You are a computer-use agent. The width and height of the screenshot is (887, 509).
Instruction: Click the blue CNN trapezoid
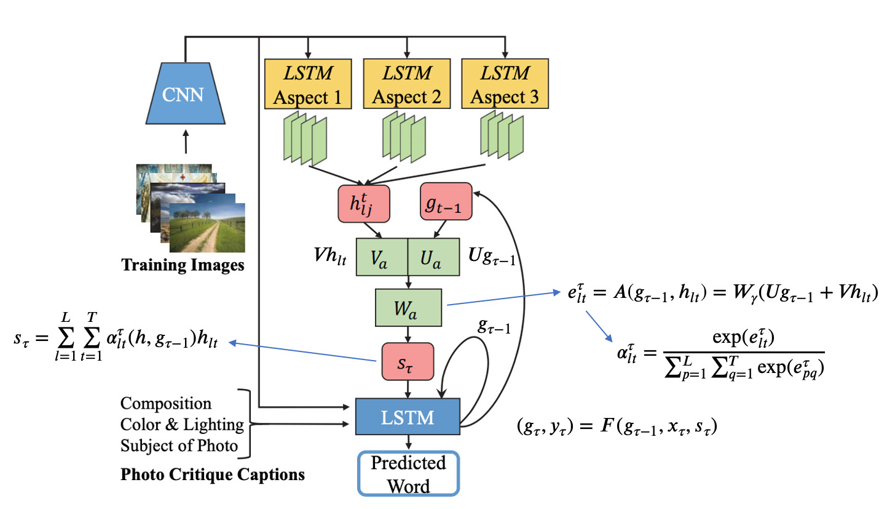[x=185, y=95]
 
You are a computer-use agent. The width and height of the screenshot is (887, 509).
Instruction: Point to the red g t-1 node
[x=446, y=201]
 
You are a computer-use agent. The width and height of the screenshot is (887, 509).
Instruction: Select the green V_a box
[x=382, y=258]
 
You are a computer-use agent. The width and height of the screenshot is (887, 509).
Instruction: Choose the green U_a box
[x=433, y=258]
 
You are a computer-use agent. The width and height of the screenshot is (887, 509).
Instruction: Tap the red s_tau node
[x=408, y=361]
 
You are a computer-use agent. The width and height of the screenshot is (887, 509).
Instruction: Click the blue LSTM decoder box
[x=408, y=417]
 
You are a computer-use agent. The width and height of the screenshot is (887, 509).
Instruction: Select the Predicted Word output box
[x=408, y=473]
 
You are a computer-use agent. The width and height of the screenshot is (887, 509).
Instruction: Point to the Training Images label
[x=183, y=265]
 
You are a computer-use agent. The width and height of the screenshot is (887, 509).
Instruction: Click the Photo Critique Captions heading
[x=212, y=476]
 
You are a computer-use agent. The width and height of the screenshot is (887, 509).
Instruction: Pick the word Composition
[x=166, y=404]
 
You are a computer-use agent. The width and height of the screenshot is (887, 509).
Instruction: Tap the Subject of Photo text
[x=179, y=446]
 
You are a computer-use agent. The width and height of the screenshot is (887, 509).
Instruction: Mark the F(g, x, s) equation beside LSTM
[x=618, y=426]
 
